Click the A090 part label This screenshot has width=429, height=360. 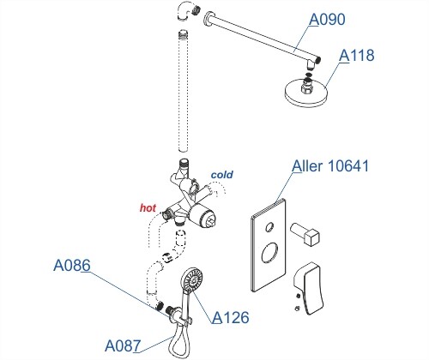tap(327, 20)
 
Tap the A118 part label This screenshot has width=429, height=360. tap(357, 55)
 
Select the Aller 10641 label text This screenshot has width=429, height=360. tap(330, 165)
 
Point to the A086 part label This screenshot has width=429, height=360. tap(72, 266)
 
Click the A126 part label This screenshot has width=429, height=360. tap(231, 317)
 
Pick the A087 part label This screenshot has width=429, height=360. tap(123, 346)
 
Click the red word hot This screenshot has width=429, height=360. tap(148, 207)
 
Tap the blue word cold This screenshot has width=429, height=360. tap(222, 175)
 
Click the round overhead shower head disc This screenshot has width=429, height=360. tap(305, 93)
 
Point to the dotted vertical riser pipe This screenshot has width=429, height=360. tap(183, 91)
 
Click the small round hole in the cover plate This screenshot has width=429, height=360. tap(269, 227)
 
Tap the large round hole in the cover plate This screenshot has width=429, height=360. tap(269, 253)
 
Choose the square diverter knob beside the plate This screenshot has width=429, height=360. tap(305, 234)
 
